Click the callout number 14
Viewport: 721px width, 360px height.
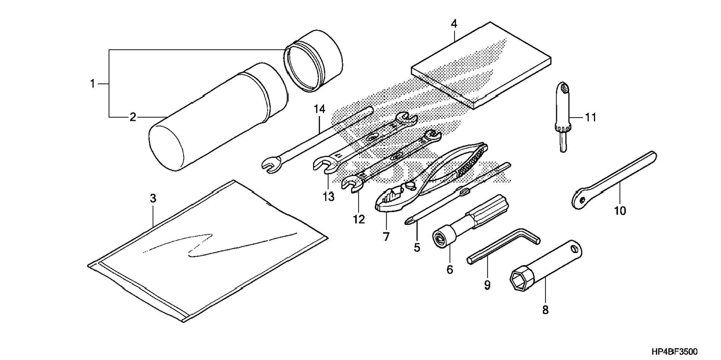pos(319,109)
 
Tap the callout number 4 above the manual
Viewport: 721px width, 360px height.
pos(454,24)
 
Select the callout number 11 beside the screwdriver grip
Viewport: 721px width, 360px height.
pos(591,118)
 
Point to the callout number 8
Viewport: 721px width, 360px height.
pos(545,310)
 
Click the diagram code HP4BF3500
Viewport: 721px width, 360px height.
pos(674,351)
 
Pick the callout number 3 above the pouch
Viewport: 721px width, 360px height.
pos(153,199)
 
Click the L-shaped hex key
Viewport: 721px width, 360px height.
pos(503,246)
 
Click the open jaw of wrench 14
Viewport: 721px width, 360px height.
pos(270,165)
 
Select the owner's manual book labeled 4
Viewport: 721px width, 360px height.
pos(481,65)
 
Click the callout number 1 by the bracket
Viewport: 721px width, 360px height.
pos(92,84)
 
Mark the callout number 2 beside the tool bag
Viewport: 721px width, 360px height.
pos(133,118)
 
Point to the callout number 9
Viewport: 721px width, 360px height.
pos(487,285)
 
